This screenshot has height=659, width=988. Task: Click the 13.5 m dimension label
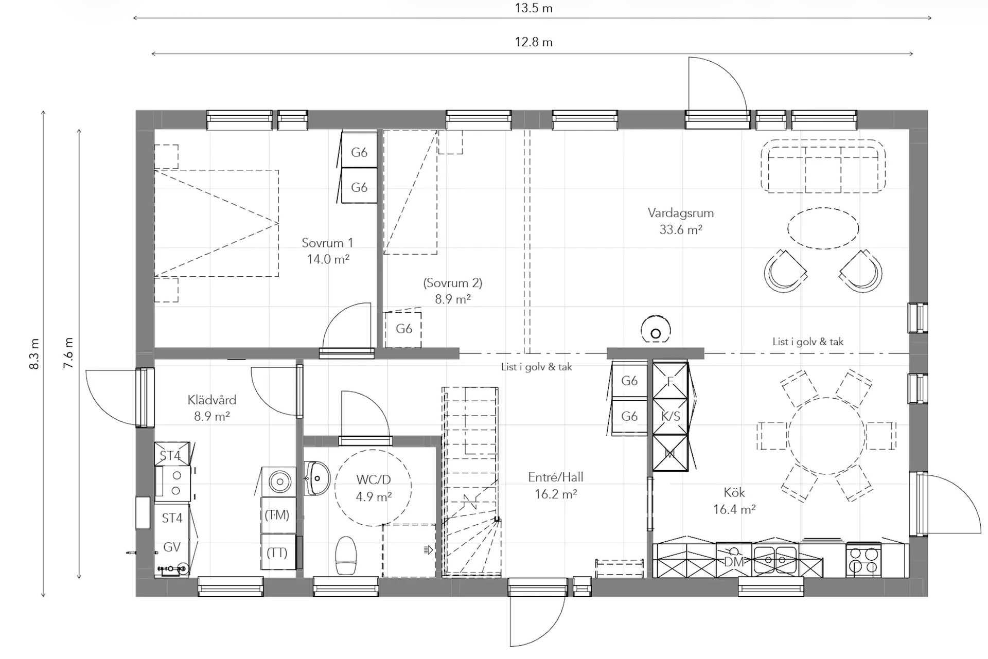534,8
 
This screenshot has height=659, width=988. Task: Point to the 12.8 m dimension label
534,42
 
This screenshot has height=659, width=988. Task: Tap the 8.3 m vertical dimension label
34,354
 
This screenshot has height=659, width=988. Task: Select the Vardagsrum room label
680,213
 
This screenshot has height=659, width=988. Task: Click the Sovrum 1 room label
327,243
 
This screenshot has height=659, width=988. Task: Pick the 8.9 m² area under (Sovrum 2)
453,299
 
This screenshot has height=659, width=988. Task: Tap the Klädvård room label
212,400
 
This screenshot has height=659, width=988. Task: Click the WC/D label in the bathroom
374,480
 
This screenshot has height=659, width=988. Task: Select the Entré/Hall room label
556,477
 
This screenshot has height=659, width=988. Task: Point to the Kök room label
734,492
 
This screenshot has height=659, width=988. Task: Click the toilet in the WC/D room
346,556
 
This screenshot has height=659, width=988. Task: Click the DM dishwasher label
734,562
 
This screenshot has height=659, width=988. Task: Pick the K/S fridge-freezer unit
670,417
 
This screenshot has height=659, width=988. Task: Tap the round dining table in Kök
826,436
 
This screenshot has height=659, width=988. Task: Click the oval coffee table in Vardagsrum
823,228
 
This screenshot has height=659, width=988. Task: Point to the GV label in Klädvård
172,547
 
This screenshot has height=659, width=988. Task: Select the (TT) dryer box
278,552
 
